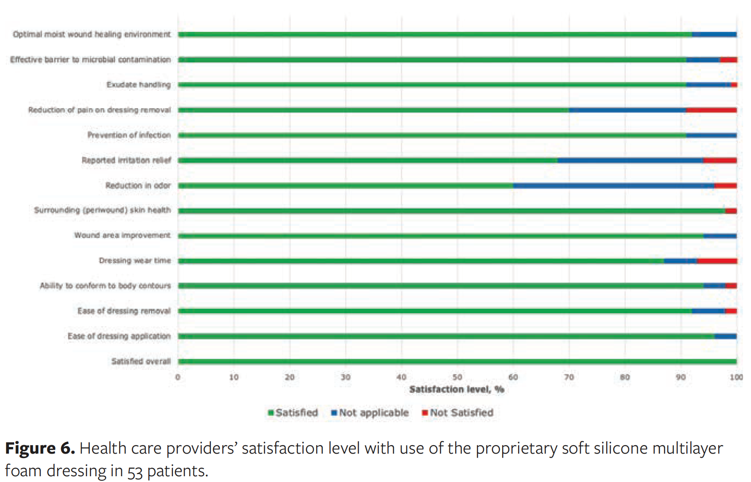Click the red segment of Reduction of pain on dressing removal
pyautogui.click(x=711, y=110)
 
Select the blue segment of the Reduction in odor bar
pyautogui.click(x=613, y=186)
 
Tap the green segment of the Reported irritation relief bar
pyautogui.click(x=368, y=160)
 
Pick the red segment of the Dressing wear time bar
pyautogui.click(x=717, y=261)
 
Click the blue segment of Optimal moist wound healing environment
pyautogui.click(x=714, y=35)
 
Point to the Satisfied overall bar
pyautogui.click(x=457, y=361)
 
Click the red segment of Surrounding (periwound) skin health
pyautogui.click(x=731, y=211)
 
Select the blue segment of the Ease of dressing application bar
pyautogui.click(x=725, y=336)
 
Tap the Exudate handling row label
pyautogui.click(x=138, y=85)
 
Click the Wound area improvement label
pyautogui.click(x=122, y=235)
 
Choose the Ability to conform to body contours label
pyautogui.click(x=105, y=286)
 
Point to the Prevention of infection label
pyautogui.click(x=128, y=135)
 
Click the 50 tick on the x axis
pyautogui.click(x=457, y=377)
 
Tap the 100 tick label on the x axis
pyautogui.click(x=736, y=377)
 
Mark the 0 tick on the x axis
pyautogui.click(x=178, y=377)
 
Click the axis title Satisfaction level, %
pyautogui.click(x=457, y=389)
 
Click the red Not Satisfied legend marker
pyautogui.click(x=425, y=413)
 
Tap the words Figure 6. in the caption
pyautogui.click(x=40, y=448)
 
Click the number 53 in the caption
pyautogui.click(x=135, y=471)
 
